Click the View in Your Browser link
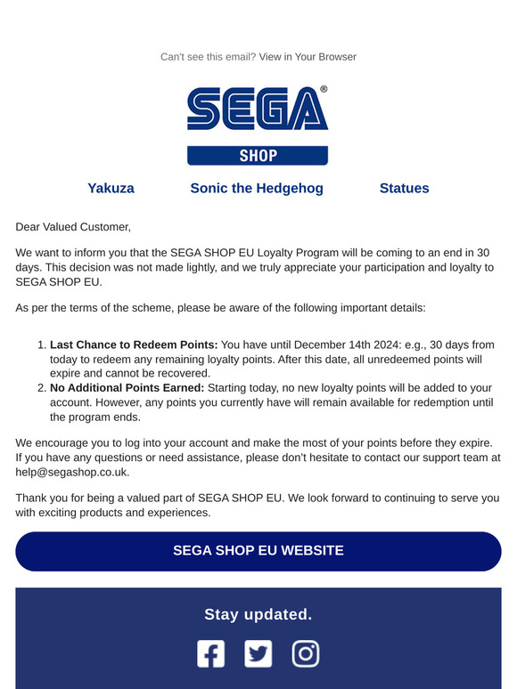click(x=308, y=57)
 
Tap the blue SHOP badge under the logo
click(x=258, y=156)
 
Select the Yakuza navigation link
click(x=111, y=188)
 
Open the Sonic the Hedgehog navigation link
click(x=257, y=188)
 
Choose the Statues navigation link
click(x=404, y=188)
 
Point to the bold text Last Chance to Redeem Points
click(x=134, y=344)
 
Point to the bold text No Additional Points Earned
click(x=127, y=387)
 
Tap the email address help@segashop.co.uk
click(x=72, y=472)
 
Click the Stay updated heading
click(x=258, y=614)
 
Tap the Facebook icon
click(x=211, y=654)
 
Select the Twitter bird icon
click(x=258, y=654)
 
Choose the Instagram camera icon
click(x=306, y=654)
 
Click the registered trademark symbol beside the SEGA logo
click(x=324, y=90)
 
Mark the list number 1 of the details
click(x=41, y=344)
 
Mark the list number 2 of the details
click(x=41, y=387)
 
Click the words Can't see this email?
click(x=208, y=57)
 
